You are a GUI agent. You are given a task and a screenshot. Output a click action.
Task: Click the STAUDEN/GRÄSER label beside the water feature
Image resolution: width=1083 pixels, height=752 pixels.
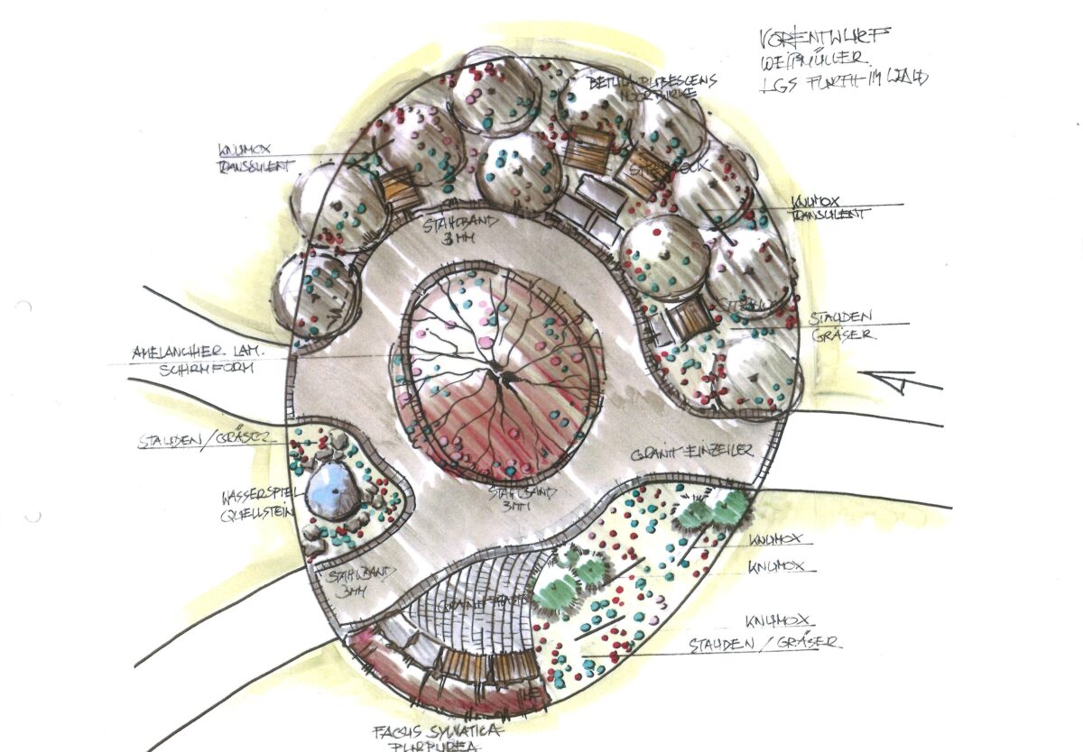(213, 442)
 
